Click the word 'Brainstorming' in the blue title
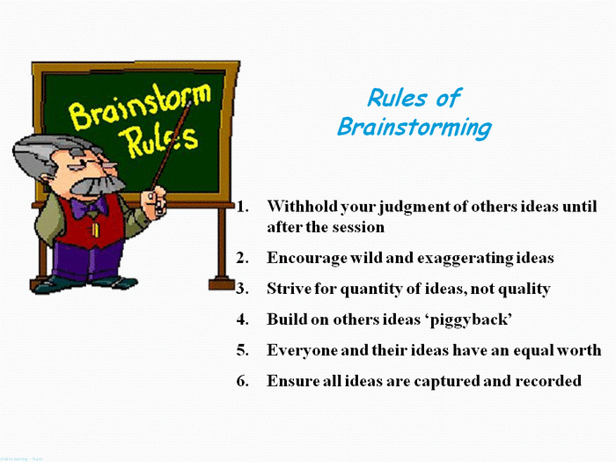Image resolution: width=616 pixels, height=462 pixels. point(414,128)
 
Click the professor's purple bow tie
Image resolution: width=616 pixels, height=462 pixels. point(90,208)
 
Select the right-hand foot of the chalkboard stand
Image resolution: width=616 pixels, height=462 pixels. point(221,283)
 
